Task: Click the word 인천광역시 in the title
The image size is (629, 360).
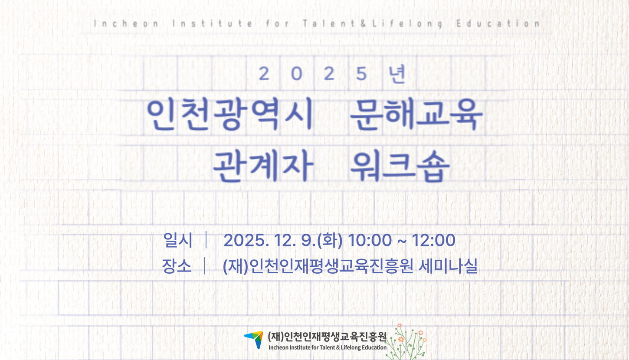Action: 230,114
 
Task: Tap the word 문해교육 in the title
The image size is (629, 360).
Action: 416,114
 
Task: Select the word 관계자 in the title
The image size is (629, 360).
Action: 263,166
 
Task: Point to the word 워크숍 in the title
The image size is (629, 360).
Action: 400,166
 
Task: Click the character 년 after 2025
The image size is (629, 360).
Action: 396,74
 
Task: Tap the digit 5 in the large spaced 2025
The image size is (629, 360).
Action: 361,74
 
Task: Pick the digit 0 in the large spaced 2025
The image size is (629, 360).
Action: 297,74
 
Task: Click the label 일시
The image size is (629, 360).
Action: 178,240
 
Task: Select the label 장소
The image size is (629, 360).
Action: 177,265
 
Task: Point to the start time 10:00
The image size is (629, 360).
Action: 370,240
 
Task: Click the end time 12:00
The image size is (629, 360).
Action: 433,240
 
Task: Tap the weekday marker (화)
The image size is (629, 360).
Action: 330,240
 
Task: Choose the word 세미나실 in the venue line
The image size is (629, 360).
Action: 448,265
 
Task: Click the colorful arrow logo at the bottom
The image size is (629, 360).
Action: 254,339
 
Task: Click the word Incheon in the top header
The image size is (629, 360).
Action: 126,23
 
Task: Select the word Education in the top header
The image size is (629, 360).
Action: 498,23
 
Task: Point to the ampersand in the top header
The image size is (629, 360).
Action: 364,23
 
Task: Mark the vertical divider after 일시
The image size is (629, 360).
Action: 206,239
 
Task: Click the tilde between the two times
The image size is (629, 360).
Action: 402,241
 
